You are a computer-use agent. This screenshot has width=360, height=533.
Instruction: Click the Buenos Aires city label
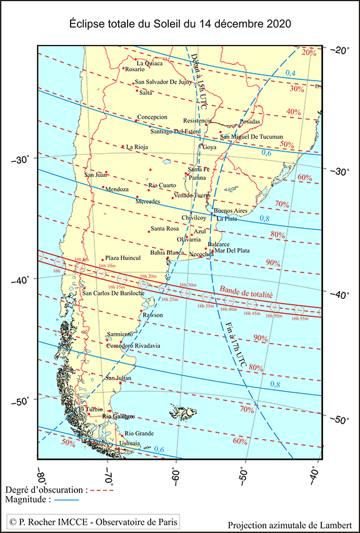pyautogui.click(x=231, y=211)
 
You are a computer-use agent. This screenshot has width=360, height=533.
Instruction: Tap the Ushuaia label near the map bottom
pyautogui.click(x=129, y=444)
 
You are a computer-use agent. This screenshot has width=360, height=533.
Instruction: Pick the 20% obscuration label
pyautogui.click(x=309, y=52)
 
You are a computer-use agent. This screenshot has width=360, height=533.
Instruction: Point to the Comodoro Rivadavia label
pyautogui.click(x=133, y=346)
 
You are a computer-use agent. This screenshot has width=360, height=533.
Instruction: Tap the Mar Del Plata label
pyautogui.click(x=232, y=251)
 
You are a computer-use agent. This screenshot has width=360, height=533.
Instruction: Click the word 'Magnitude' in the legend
pyautogui.click(x=25, y=500)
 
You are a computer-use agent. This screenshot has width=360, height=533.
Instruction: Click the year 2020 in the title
pyautogui.click(x=277, y=23)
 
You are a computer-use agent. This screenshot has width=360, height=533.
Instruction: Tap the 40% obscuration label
pyautogui.click(x=294, y=112)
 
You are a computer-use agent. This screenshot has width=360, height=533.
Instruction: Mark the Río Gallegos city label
pyautogui.click(x=118, y=416)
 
